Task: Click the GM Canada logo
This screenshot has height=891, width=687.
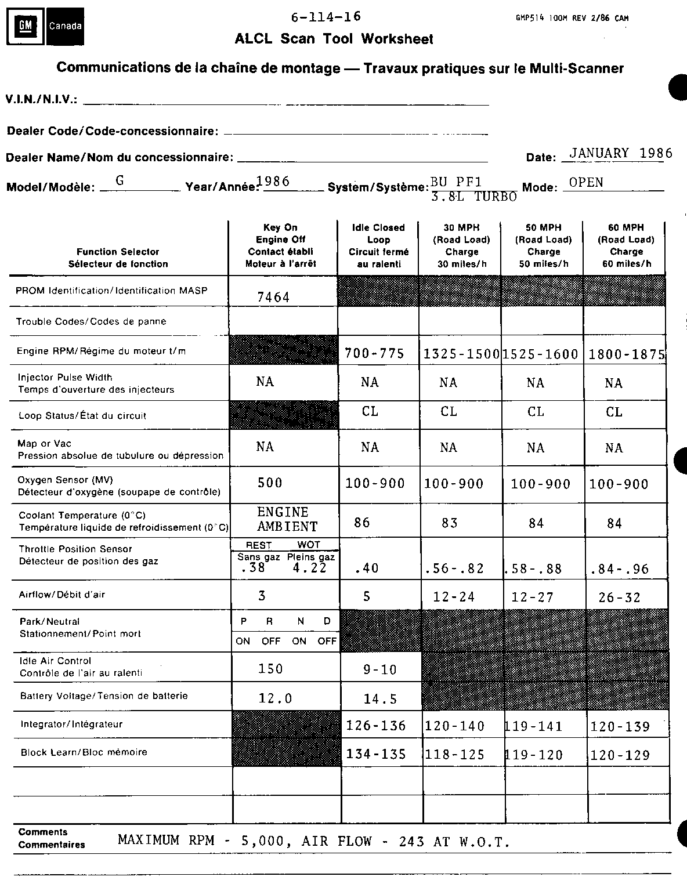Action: click(46, 26)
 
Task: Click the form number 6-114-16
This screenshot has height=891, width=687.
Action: click(326, 17)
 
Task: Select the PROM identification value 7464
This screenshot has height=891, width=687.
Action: click(273, 298)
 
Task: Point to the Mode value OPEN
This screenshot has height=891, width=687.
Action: click(586, 182)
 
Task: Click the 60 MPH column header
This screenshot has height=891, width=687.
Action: click(626, 245)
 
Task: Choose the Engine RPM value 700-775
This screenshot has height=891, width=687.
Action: click(374, 353)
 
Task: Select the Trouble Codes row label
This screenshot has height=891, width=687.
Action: click(91, 321)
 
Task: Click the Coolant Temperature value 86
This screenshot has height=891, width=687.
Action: click(362, 523)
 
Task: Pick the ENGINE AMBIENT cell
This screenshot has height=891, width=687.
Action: click(287, 519)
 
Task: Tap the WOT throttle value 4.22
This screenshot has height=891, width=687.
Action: click(310, 568)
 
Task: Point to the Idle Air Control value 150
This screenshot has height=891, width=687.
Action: click(270, 669)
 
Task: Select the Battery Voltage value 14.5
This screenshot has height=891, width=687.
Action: click(380, 699)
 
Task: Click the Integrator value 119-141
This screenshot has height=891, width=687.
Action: click(534, 726)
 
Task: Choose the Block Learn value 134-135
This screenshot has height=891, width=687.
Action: click(376, 754)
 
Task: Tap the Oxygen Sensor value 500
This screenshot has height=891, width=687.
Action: click(270, 483)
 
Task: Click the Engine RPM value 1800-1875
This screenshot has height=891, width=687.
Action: click(627, 354)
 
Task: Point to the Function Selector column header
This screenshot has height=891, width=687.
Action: click(118, 258)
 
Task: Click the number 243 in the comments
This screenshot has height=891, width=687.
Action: click(412, 841)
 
